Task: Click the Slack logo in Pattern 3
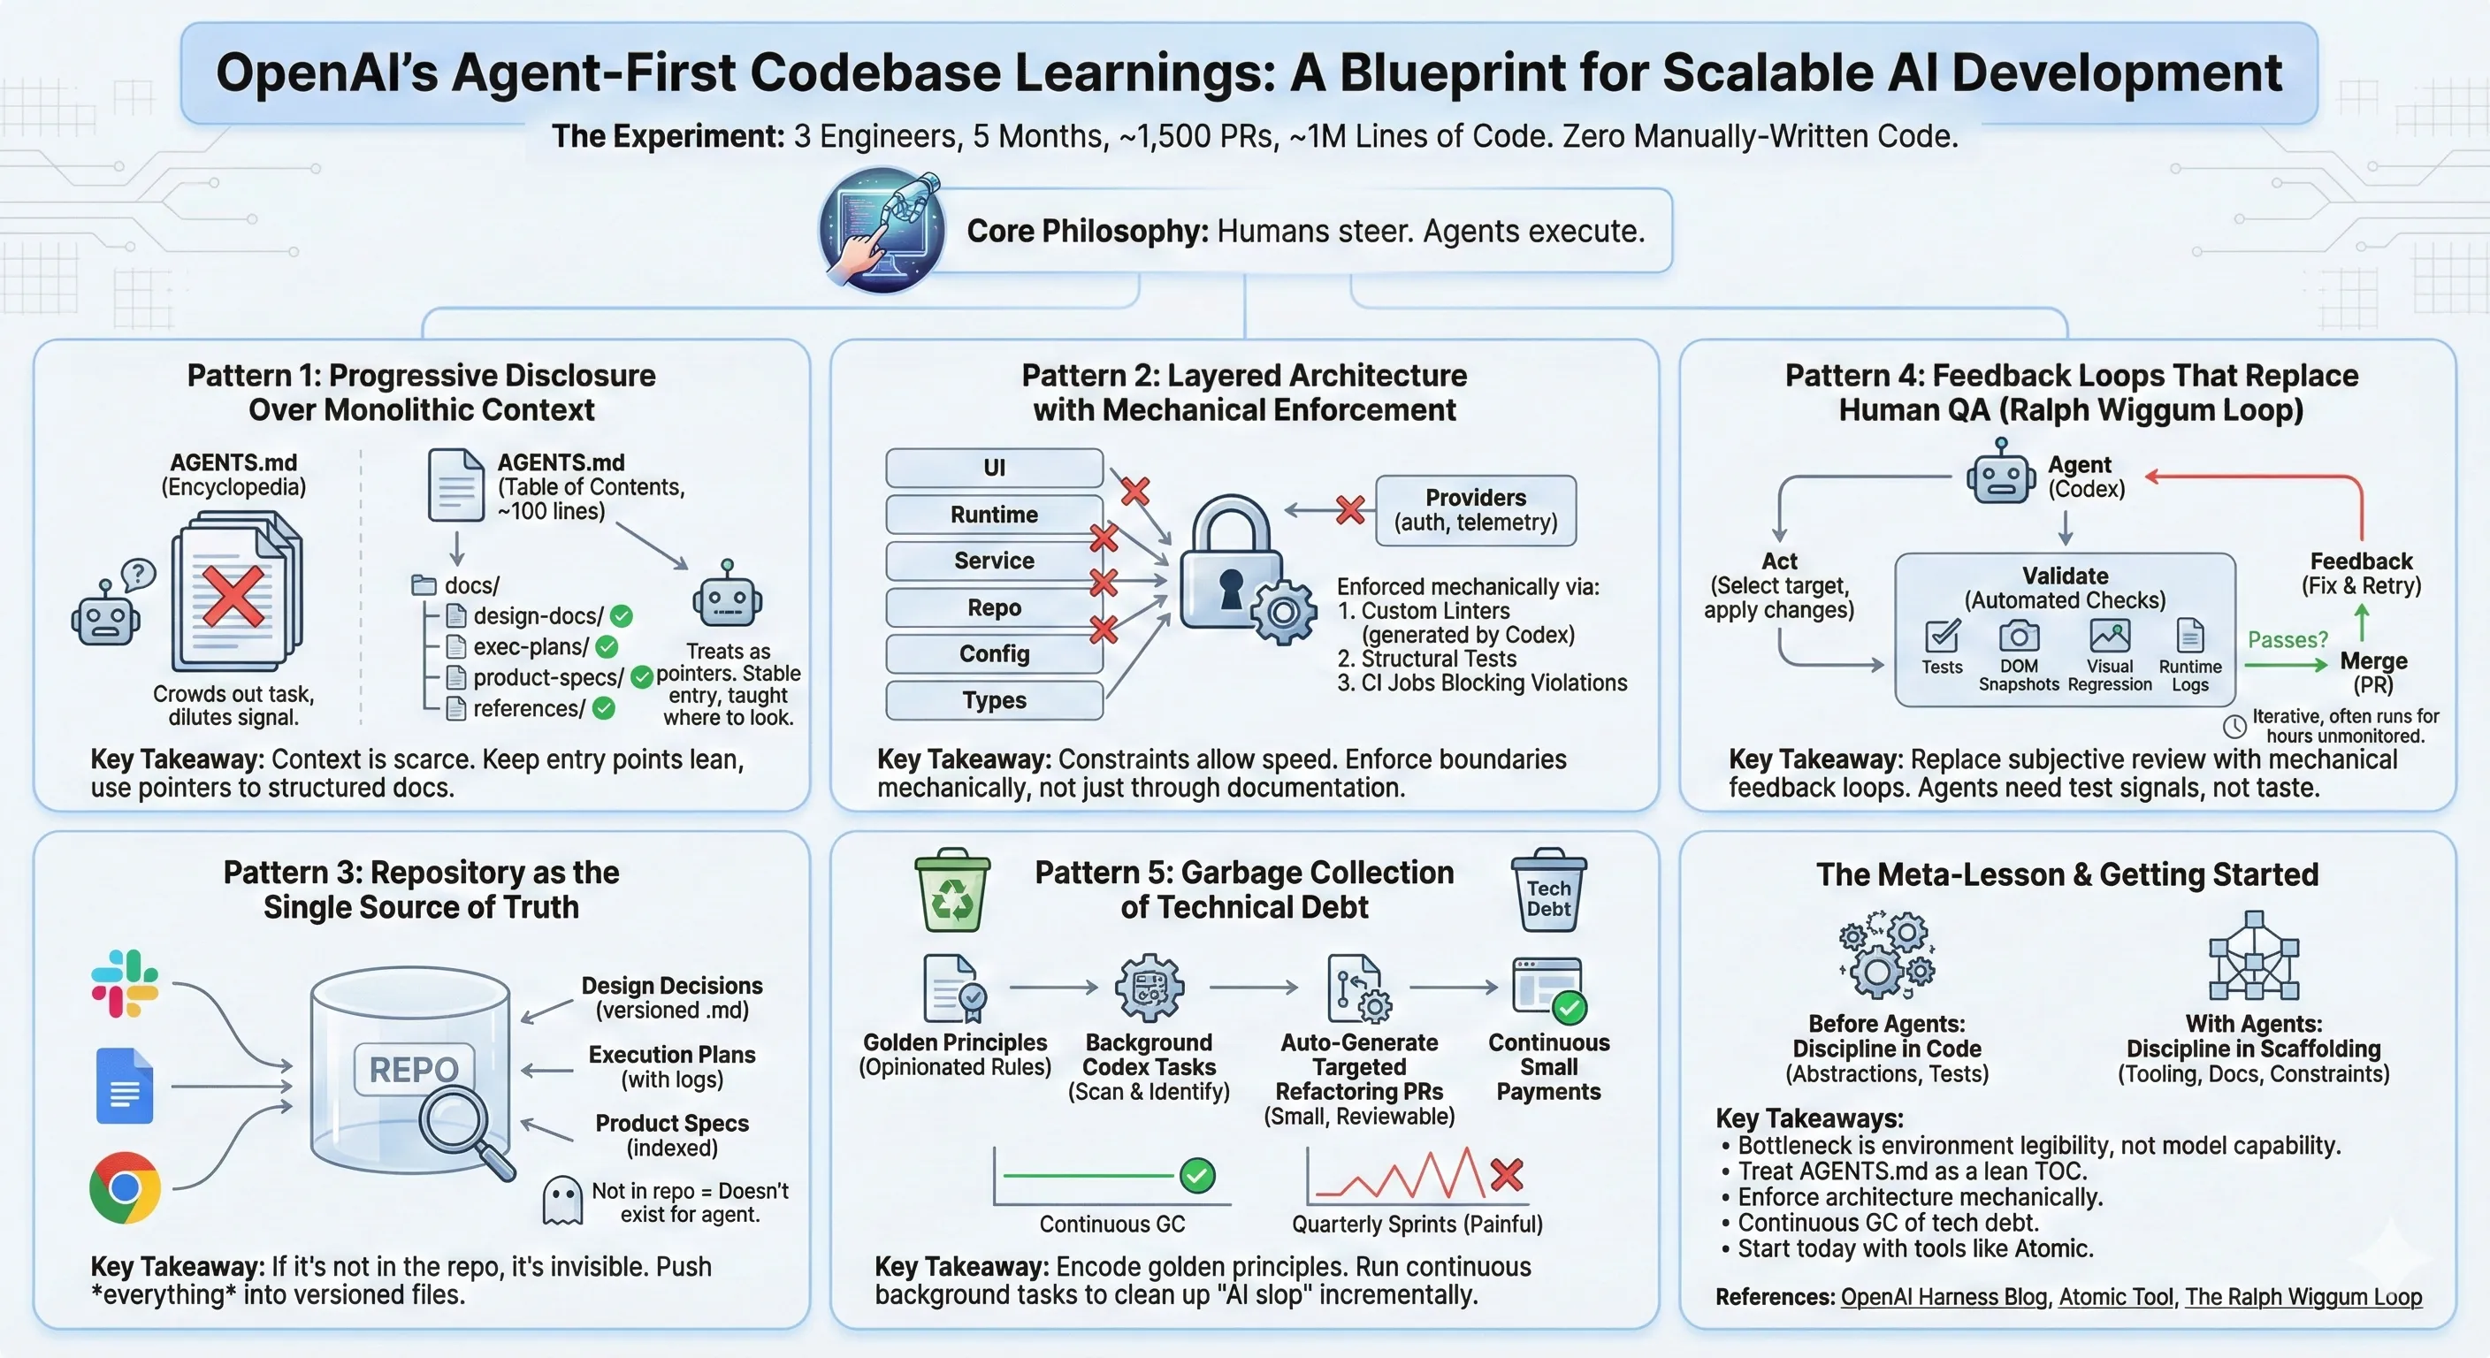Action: (125, 983)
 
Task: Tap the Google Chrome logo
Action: (125, 1186)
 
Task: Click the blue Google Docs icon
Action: (125, 1085)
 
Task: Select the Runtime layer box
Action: (994, 515)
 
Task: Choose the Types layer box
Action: (994, 700)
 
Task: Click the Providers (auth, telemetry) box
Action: (1475, 510)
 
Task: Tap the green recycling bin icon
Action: (952, 890)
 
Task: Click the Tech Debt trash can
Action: (1548, 890)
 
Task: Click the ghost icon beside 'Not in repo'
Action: (562, 1201)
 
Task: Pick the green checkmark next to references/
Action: (604, 708)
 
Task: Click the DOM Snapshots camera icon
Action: (2019, 636)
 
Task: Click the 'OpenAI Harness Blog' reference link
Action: (1943, 1297)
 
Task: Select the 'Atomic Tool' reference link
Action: (2116, 1297)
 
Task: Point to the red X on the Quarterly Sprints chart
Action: (1506, 1175)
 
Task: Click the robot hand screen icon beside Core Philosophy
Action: (882, 230)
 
